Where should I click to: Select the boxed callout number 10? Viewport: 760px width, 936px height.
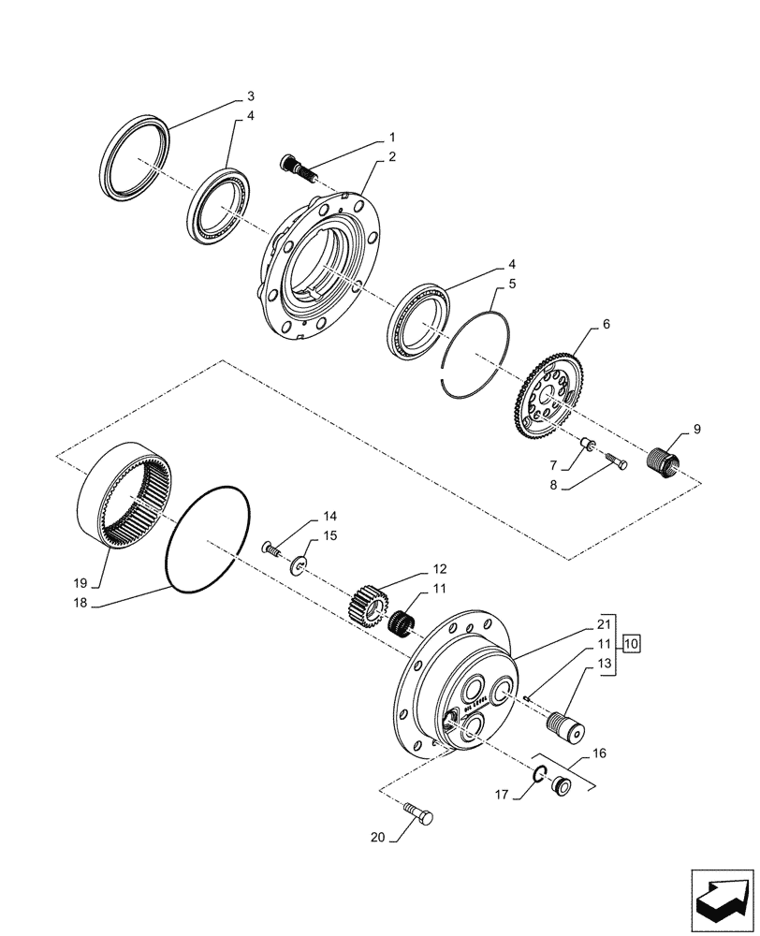pyautogui.click(x=632, y=643)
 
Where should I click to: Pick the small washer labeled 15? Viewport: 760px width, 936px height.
pyautogui.click(x=299, y=564)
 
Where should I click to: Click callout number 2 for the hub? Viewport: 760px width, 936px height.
pyautogui.click(x=391, y=157)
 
